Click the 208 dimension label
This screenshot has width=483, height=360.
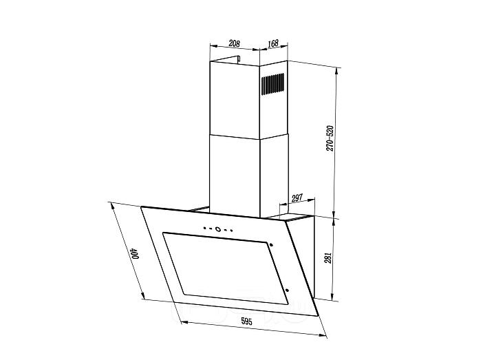(x=235, y=43)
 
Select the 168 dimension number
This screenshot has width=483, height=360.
(x=273, y=43)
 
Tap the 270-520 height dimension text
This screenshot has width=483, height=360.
(x=330, y=138)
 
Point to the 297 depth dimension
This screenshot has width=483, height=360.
(x=297, y=198)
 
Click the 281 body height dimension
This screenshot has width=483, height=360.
(x=328, y=257)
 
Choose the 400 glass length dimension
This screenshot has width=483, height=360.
(x=135, y=253)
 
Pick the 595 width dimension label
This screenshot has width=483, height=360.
(x=246, y=321)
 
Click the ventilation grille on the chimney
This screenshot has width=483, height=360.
(x=273, y=83)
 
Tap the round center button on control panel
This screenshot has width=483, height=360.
(x=218, y=229)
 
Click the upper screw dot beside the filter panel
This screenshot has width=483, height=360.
(x=271, y=245)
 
